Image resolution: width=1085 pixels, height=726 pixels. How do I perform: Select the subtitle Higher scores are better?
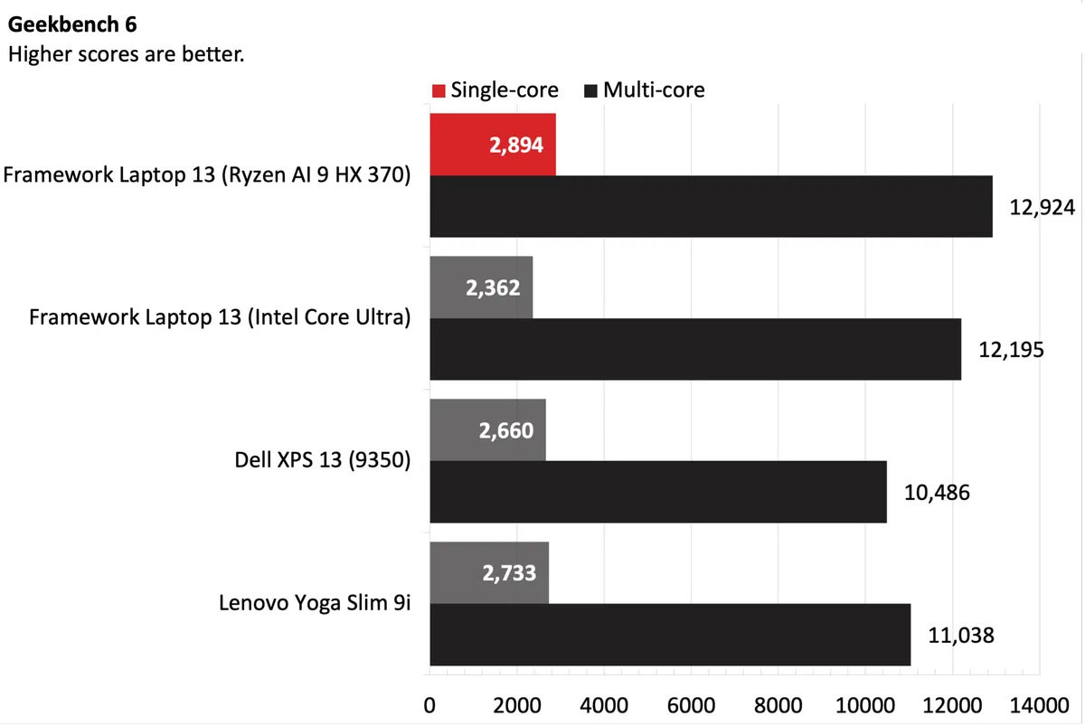click(x=127, y=54)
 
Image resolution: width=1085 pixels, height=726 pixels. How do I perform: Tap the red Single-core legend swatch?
click(x=439, y=90)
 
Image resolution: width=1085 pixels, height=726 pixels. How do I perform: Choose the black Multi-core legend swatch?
click(x=591, y=90)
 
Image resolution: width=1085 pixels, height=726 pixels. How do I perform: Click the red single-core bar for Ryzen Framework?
click(x=492, y=145)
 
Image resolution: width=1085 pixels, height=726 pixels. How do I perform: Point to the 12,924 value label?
click(x=1042, y=207)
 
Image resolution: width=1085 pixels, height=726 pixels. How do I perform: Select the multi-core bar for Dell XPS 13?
click(x=657, y=492)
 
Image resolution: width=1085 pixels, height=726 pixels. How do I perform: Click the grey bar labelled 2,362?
click(x=481, y=288)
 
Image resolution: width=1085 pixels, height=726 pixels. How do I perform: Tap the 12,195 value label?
click(x=1011, y=349)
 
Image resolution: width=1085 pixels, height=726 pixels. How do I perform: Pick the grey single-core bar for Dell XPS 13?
click(x=487, y=429)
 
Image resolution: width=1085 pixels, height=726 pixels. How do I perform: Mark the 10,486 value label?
click(x=936, y=493)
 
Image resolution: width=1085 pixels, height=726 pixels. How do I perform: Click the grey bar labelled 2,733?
click(x=489, y=572)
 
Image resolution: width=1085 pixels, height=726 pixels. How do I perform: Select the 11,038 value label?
click(x=960, y=635)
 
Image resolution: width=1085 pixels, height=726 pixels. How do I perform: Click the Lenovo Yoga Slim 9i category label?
click(x=315, y=603)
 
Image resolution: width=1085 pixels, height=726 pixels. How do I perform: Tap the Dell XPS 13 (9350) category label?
click(x=322, y=460)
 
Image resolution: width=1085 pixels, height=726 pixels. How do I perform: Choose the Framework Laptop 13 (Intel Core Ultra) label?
click(x=220, y=318)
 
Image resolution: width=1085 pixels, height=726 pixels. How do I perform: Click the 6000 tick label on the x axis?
click(x=691, y=704)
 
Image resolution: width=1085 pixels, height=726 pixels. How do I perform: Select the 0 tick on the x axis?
click(x=429, y=704)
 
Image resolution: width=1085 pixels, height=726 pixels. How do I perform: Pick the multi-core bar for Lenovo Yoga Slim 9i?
click(x=669, y=635)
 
